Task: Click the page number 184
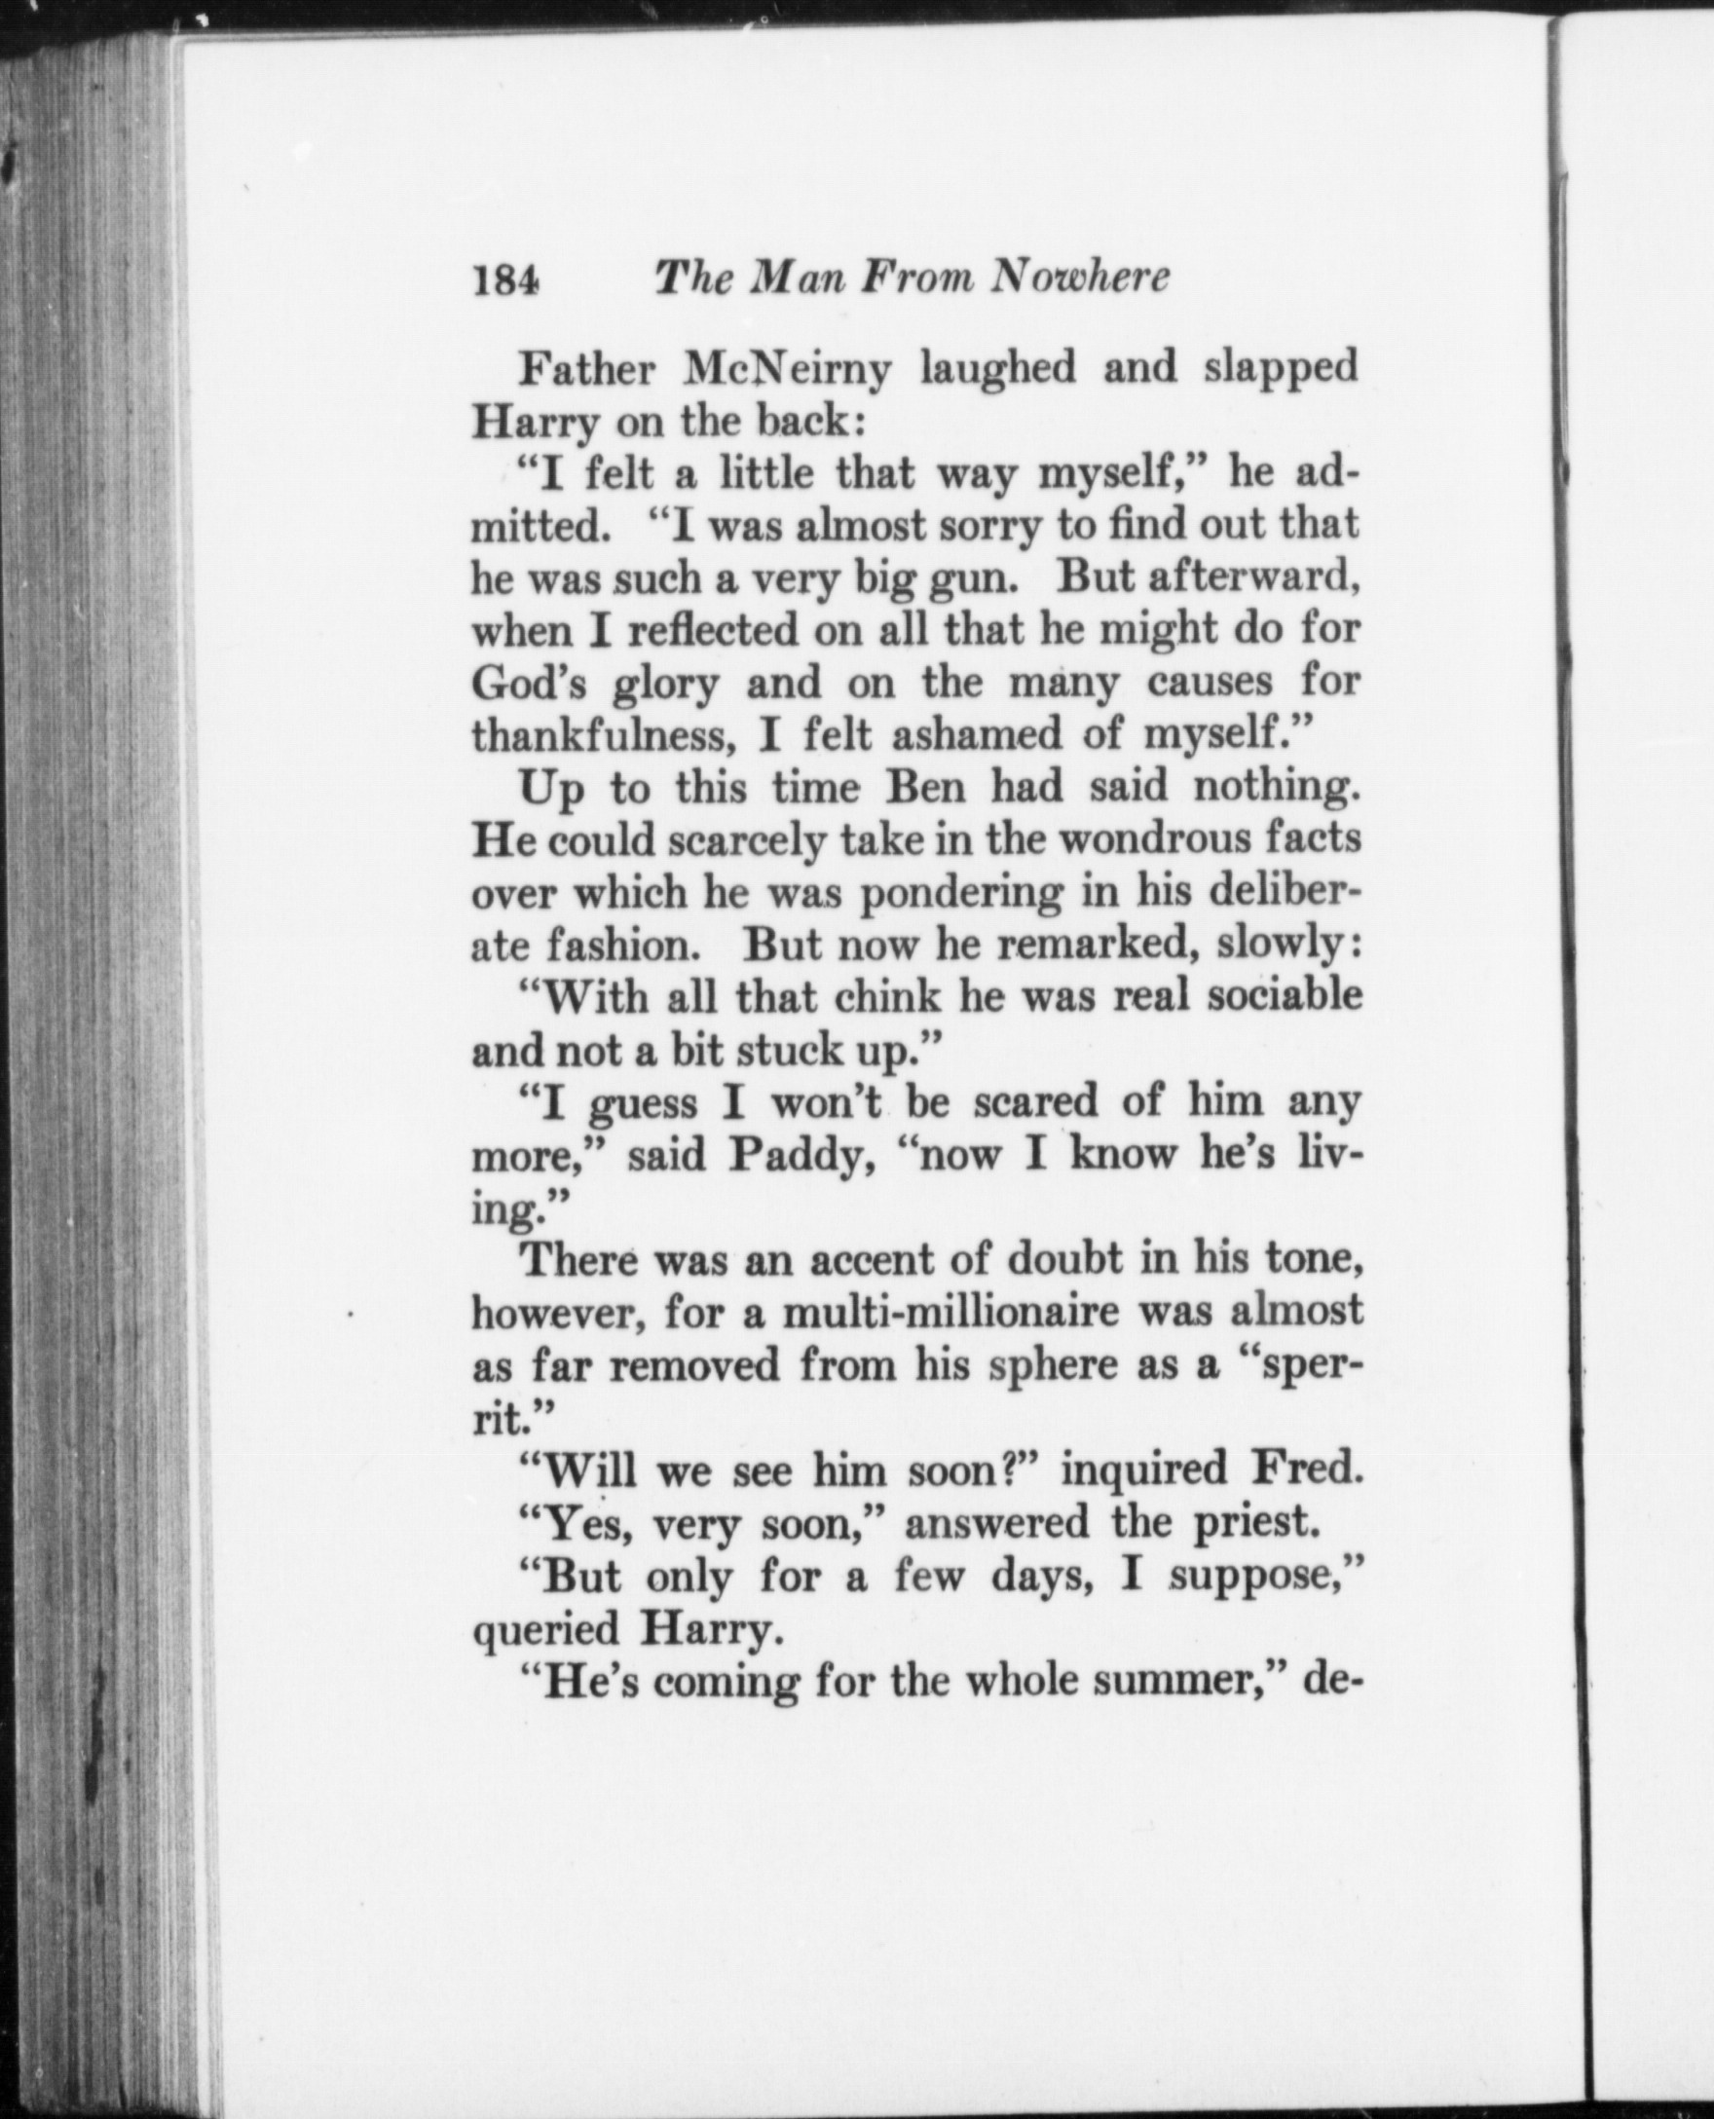coord(506,281)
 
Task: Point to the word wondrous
coord(1151,840)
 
